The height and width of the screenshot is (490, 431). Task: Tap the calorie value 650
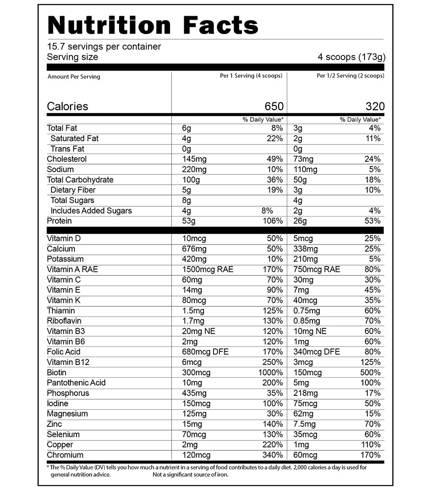[x=274, y=106]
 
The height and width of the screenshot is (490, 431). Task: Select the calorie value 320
[x=375, y=106]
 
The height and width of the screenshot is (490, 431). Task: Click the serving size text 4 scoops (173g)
[x=351, y=57]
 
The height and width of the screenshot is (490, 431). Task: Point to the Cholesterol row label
[x=67, y=159]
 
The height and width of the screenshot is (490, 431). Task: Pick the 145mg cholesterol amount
[x=194, y=159]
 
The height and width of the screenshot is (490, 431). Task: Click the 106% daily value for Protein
[x=272, y=221]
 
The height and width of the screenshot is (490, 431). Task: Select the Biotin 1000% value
[x=270, y=372]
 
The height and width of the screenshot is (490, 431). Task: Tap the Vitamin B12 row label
[x=68, y=362]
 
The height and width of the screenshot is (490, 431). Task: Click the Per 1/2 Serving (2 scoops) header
[x=350, y=76]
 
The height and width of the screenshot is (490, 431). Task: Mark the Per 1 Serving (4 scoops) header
[x=252, y=76]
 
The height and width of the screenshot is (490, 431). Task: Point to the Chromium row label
[x=65, y=455]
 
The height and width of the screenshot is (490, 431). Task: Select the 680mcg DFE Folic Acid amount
[x=205, y=351]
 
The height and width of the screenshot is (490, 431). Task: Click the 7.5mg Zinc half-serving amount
[x=305, y=424]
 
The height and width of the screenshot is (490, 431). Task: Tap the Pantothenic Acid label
[x=76, y=383]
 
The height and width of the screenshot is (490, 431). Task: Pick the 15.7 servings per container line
[x=104, y=47]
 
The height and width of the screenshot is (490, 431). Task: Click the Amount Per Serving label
[x=73, y=77]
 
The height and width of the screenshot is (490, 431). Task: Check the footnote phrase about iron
[x=190, y=474]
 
